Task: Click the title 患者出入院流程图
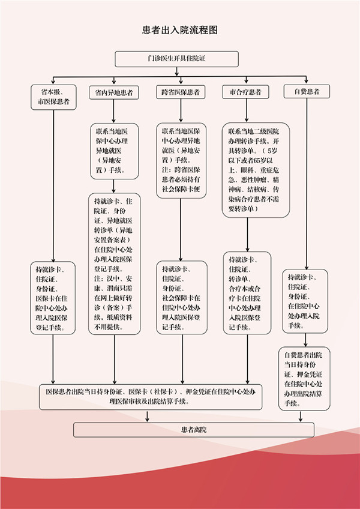coord(178,29)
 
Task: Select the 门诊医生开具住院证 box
coord(177,58)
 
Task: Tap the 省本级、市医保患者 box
coord(53,97)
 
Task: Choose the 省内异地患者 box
coord(114,93)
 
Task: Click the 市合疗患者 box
coord(245,92)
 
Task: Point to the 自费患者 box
coord(307,92)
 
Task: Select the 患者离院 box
coord(193,430)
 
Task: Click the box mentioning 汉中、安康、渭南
coord(114,265)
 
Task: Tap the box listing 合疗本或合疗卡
coord(246,293)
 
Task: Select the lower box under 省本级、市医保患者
coord(54,297)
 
